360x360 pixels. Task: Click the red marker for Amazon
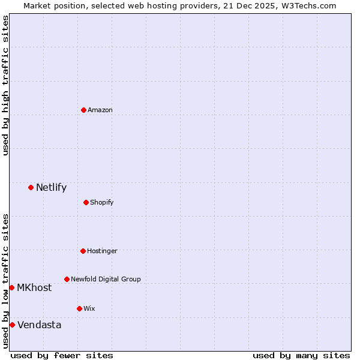pos(83,110)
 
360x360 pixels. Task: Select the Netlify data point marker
pos(31,187)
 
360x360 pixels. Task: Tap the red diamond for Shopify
pos(86,202)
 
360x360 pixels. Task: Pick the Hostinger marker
pos(83,251)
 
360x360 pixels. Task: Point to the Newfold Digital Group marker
pos(67,279)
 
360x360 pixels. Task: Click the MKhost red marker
pos(11,287)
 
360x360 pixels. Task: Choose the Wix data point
pos(79,308)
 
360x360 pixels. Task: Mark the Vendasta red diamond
pos(12,325)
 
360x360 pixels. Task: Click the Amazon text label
pos(100,110)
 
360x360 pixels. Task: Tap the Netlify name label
pos(51,187)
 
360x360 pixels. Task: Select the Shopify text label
pos(102,202)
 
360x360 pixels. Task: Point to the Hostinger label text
pos(102,251)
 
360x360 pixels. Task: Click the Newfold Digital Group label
pos(106,279)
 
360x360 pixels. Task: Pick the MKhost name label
pos(34,287)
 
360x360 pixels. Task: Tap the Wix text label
pos(89,308)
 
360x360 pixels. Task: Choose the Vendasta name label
pos(40,325)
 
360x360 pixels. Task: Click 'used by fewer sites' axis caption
pos(62,355)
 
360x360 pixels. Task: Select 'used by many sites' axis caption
pos(301,355)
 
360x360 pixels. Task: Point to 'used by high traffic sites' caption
pos(5,86)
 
